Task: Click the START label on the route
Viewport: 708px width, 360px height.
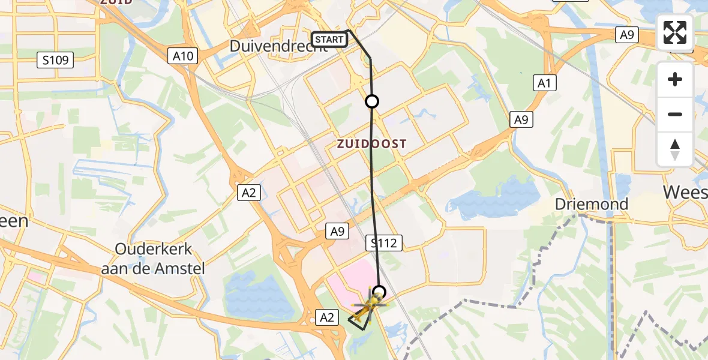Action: click(x=329, y=40)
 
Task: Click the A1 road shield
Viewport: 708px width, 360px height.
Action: click(x=545, y=83)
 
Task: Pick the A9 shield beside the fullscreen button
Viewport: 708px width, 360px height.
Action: click(x=627, y=35)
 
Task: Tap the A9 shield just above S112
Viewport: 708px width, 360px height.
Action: click(x=337, y=230)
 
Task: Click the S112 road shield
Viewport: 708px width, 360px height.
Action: click(x=384, y=243)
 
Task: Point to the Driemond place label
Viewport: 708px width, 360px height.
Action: click(x=591, y=204)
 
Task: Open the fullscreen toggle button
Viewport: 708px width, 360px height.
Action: click(x=675, y=32)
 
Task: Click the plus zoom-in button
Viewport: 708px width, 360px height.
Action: click(x=675, y=79)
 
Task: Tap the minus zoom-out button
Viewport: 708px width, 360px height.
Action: click(x=675, y=114)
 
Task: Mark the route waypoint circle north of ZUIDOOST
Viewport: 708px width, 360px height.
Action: click(x=372, y=101)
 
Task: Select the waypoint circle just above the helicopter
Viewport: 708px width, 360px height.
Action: click(x=379, y=293)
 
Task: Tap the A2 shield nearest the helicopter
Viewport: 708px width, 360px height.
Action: click(x=327, y=317)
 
